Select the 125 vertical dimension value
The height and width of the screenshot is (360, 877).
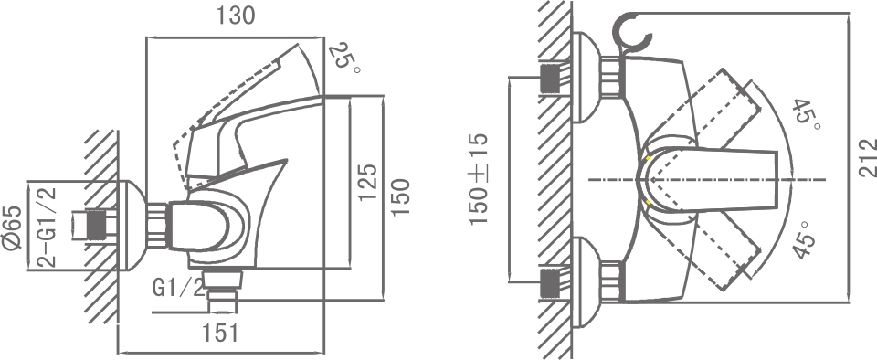(x=366, y=183)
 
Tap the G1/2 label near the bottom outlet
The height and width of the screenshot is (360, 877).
(x=178, y=290)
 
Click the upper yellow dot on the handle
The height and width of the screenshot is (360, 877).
(x=648, y=159)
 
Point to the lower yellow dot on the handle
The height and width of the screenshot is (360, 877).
(x=648, y=201)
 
